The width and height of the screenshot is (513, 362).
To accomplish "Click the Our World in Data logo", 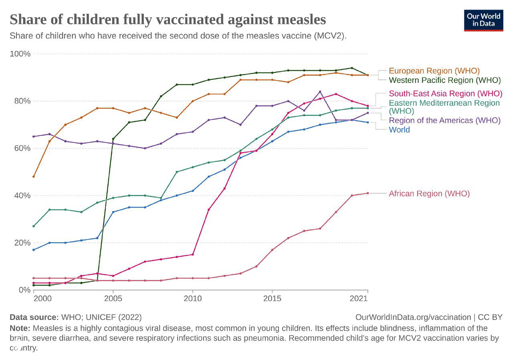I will point(483,20).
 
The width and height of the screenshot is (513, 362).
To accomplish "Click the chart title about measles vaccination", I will point(168,19).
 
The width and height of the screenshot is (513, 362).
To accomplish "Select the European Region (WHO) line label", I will point(434,71).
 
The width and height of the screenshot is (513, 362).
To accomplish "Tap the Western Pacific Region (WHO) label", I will point(445,80).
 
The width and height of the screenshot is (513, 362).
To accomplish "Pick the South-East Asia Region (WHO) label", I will point(445,94).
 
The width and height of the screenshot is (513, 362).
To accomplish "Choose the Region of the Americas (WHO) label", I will point(444,120).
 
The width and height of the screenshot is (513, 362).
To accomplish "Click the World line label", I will point(399,129).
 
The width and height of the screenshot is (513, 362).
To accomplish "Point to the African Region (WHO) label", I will point(429,193).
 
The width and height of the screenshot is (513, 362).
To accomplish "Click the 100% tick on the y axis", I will point(20,54).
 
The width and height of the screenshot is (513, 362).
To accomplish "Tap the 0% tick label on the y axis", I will point(24,290).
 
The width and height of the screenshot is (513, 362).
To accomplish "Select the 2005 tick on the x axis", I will point(113,298).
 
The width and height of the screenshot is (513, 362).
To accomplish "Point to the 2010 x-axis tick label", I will point(192,298).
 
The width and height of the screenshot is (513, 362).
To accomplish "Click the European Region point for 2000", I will point(34,177).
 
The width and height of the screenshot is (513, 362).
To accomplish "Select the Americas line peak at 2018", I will point(320,92).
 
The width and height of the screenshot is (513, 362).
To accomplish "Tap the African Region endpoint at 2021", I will point(368,193).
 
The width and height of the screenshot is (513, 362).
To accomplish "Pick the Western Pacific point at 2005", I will point(113,139).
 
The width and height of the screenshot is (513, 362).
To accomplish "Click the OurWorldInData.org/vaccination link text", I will point(413,317).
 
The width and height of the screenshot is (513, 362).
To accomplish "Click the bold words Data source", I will point(34,317).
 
